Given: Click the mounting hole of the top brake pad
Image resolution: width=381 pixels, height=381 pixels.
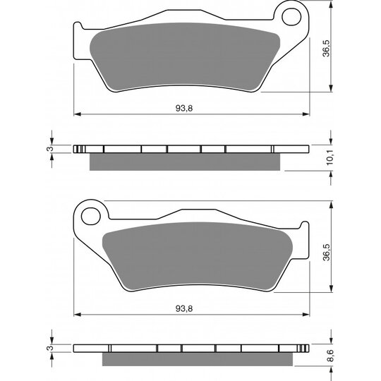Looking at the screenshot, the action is pyautogui.click(x=291, y=17).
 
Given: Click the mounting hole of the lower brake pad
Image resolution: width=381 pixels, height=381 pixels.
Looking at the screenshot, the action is pyautogui.click(x=91, y=216).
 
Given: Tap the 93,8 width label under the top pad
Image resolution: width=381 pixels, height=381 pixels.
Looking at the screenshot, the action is pyautogui.click(x=184, y=109).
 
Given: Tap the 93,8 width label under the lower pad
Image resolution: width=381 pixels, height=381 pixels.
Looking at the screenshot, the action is pyautogui.click(x=184, y=309).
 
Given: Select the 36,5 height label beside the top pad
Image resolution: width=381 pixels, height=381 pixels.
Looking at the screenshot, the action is pyautogui.click(x=326, y=49).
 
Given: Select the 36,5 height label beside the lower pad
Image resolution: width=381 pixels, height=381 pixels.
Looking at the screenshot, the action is pyautogui.click(x=326, y=253).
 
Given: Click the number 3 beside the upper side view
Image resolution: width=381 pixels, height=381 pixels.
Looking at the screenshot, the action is pyautogui.click(x=49, y=149).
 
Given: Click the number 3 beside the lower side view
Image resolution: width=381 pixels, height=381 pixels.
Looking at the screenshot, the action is pyautogui.click(x=49, y=348).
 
